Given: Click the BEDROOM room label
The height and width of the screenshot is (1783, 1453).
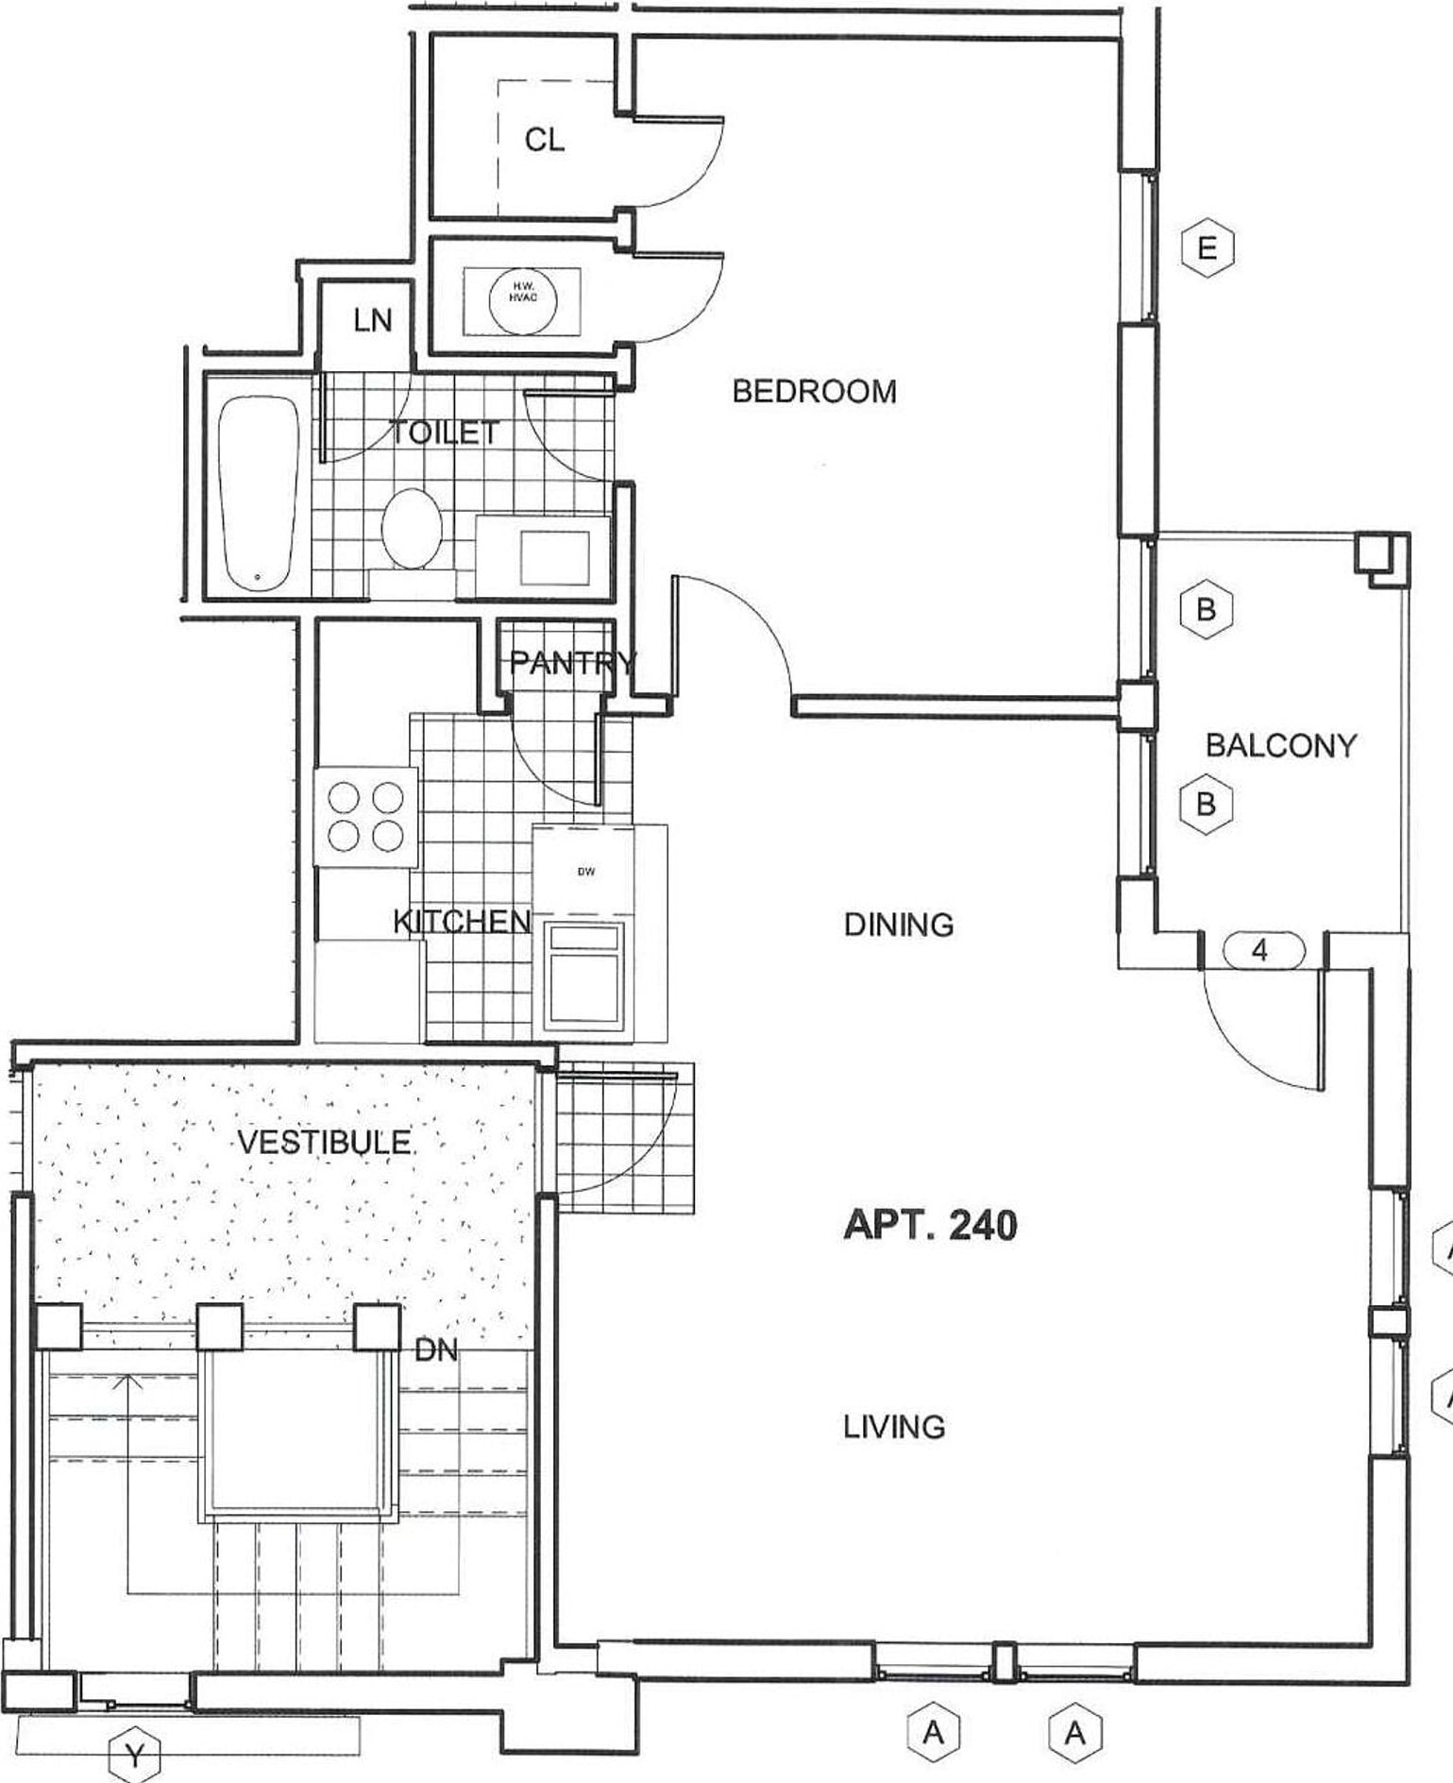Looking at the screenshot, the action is pyautogui.click(x=814, y=391).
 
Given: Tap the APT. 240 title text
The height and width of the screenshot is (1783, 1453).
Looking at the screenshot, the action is pyautogui.click(x=930, y=1226).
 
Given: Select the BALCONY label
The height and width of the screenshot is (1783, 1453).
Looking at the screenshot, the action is pyautogui.click(x=1280, y=746).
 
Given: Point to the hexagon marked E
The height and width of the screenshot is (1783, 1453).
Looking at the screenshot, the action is pyautogui.click(x=1207, y=248).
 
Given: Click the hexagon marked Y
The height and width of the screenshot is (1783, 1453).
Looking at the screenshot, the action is pyautogui.click(x=135, y=1757).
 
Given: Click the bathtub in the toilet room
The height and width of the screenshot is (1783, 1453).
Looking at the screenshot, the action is pyautogui.click(x=258, y=494).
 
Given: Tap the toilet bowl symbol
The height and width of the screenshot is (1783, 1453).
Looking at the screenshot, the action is pyautogui.click(x=413, y=529).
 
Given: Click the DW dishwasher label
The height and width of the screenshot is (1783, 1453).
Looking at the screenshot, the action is pyautogui.click(x=586, y=872).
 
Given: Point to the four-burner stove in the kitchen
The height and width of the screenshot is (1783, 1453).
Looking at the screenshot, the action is pyautogui.click(x=365, y=818).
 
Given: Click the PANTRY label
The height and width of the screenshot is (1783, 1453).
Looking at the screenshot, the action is pyautogui.click(x=572, y=663).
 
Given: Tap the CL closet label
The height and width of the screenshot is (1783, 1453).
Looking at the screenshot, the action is pyautogui.click(x=545, y=141).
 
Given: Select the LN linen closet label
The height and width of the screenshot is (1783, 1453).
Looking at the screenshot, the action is pyautogui.click(x=372, y=321).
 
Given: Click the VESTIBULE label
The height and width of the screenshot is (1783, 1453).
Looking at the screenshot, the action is pyautogui.click(x=324, y=1143).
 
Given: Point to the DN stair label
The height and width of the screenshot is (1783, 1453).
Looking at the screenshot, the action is pyautogui.click(x=436, y=1350).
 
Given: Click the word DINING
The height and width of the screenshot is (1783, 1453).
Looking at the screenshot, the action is pyautogui.click(x=899, y=925).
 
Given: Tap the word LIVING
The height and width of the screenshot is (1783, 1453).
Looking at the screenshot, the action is pyautogui.click(x=894, y=1426).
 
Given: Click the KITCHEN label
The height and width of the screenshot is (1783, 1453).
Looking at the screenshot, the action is pyautogui.click(x=462, y=922).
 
